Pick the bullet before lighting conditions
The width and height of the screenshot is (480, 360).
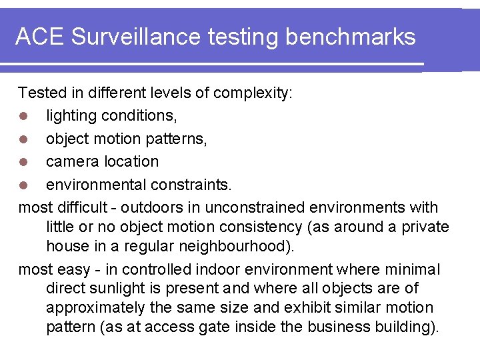(24, 117)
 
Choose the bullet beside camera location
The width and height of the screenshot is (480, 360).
(24, 162)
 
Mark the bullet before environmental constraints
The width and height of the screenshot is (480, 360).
(24, 185)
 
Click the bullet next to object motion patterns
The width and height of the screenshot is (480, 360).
(24, 139)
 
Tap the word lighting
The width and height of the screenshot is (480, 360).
(71, 116)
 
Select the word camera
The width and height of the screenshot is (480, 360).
(73, 161)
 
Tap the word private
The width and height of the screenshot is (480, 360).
(425, 227)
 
